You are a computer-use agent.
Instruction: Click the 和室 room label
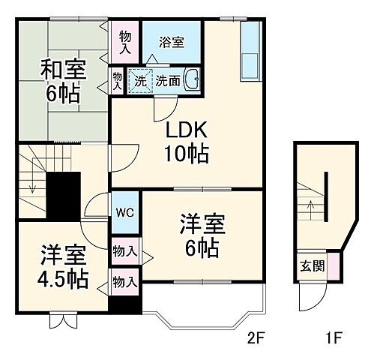click(x=63, y=72)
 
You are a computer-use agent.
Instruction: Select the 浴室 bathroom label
click(x=171, y=43)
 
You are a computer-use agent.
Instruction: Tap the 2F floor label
click(x=256, y=338)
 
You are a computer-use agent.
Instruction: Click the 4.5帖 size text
click(x=64, y=279)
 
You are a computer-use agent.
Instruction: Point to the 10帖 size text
click(x=186, y=155)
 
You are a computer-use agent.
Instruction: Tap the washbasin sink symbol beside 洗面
click(x=192, y=79)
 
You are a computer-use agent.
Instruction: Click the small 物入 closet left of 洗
click(x=118, y=80)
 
